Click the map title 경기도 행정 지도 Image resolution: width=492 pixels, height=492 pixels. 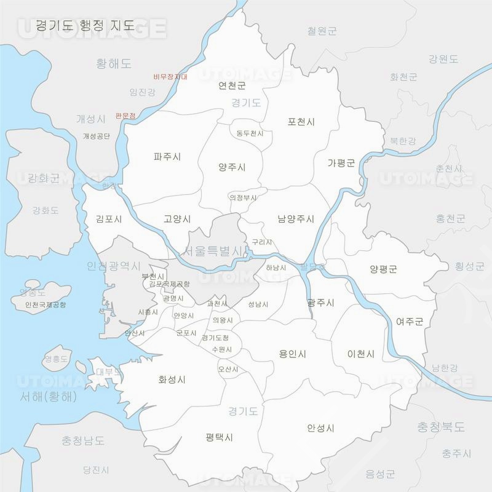coord(85,26)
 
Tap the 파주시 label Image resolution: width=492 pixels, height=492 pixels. coord(167,157)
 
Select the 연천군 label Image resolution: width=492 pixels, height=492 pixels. coord(232,85)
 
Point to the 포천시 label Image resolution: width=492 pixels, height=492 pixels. coord(301,122)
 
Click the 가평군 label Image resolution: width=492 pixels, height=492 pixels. coord(341,163)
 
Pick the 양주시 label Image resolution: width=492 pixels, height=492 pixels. coord(232,167)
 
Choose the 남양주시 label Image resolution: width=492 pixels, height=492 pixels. coord(296,219)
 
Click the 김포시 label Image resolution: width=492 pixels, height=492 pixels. coord(109,219)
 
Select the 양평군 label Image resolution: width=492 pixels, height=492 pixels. coord(384,269)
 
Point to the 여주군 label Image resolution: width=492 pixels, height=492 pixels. coord(410,321)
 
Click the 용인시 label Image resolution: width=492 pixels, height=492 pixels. coord(293,354)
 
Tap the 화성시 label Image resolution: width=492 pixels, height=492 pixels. coord(172,380)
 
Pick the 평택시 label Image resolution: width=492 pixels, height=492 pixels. coord(220,437)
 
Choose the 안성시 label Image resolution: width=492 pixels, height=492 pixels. coord(320,428)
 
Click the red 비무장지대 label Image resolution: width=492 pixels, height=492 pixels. coord(170,77)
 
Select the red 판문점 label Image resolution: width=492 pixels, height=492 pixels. coord(125,116)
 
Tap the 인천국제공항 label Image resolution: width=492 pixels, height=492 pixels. coord(46,304)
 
